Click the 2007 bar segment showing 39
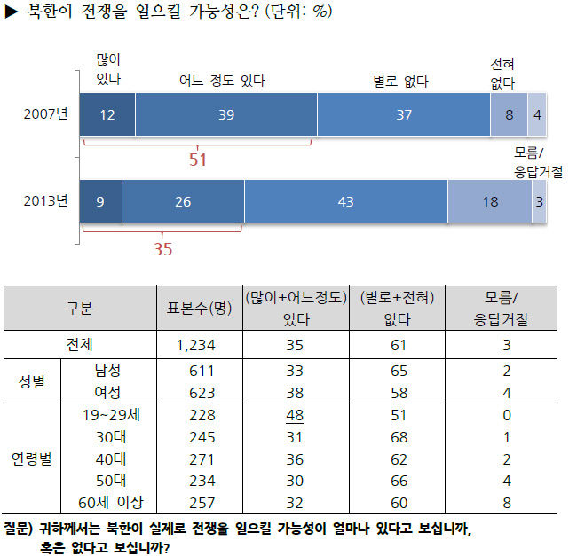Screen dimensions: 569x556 226,114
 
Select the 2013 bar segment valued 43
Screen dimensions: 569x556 346,201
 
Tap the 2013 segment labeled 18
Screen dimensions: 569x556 490,201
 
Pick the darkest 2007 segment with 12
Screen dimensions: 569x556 107,114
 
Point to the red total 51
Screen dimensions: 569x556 198,160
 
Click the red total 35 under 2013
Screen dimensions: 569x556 162,249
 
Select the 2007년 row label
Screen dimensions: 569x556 46,114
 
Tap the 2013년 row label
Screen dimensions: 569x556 46,200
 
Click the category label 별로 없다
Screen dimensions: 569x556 400,82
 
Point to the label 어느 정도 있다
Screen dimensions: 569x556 222,81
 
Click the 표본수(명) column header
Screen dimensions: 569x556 199,309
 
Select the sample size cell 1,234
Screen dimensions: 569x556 196,345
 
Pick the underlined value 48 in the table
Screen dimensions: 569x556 295,415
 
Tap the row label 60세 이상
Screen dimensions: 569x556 111,503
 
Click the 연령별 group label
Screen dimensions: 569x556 32,458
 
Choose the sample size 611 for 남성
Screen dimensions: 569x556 202,371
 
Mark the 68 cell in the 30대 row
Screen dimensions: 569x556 399,437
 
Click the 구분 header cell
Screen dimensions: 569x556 80,309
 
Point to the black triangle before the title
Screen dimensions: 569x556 12,12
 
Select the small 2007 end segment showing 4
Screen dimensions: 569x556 537,114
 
